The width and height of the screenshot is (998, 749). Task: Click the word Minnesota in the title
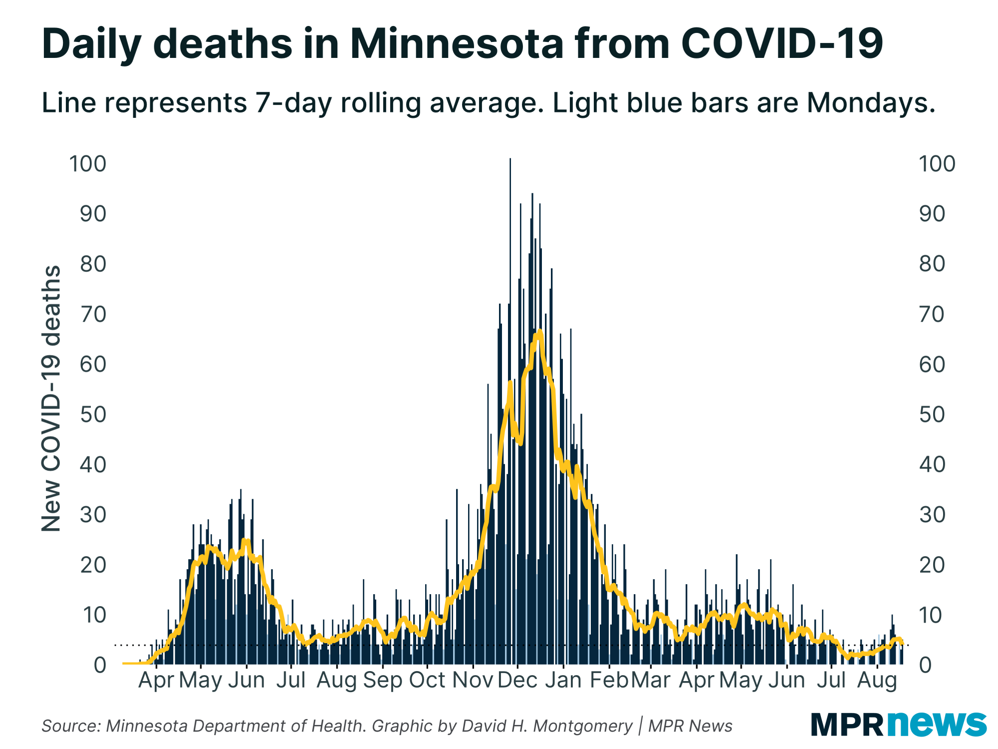tap(457, 44)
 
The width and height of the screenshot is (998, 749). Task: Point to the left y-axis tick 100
tap(88, 164)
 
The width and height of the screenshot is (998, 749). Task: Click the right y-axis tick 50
tap(932, 414)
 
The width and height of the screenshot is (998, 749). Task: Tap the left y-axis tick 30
tap(93, 515)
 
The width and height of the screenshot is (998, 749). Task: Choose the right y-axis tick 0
tap(925, 665)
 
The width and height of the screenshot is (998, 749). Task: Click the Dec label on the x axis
tap(517, 680)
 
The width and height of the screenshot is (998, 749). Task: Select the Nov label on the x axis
tap(473, 680)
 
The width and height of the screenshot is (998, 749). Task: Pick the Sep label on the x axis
tap(382, 680)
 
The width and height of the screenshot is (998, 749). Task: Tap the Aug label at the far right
tap(877, 680)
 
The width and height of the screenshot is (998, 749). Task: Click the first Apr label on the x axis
tap(156, 680)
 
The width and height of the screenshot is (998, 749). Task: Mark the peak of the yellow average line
tap(539, 332)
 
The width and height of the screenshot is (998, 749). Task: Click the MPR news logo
tap(898, 724)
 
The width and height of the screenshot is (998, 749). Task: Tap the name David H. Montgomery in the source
tap(547, 726)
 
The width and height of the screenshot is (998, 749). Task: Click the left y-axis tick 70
tap(93, 314)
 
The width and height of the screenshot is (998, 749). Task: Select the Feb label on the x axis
tap(609, 680)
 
